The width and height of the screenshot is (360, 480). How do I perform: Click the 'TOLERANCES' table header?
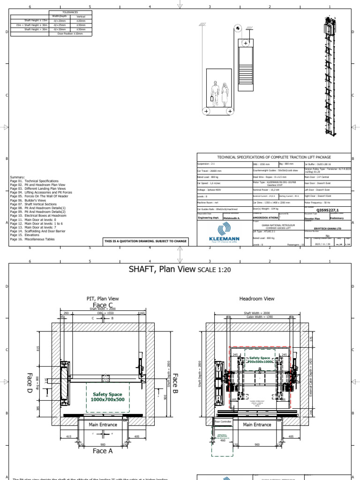[70, 13]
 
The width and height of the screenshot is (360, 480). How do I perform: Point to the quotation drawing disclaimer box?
[145, 241]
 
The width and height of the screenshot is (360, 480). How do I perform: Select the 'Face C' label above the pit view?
[103, 305]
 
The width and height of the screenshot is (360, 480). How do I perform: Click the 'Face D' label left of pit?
[29, 382]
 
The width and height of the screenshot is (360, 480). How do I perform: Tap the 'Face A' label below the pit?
[103, 450]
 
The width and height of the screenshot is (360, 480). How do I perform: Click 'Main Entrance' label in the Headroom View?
[257, 425]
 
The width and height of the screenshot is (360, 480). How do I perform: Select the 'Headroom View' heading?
[257, 298]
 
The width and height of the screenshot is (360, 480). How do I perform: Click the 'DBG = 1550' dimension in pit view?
[103, 313]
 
